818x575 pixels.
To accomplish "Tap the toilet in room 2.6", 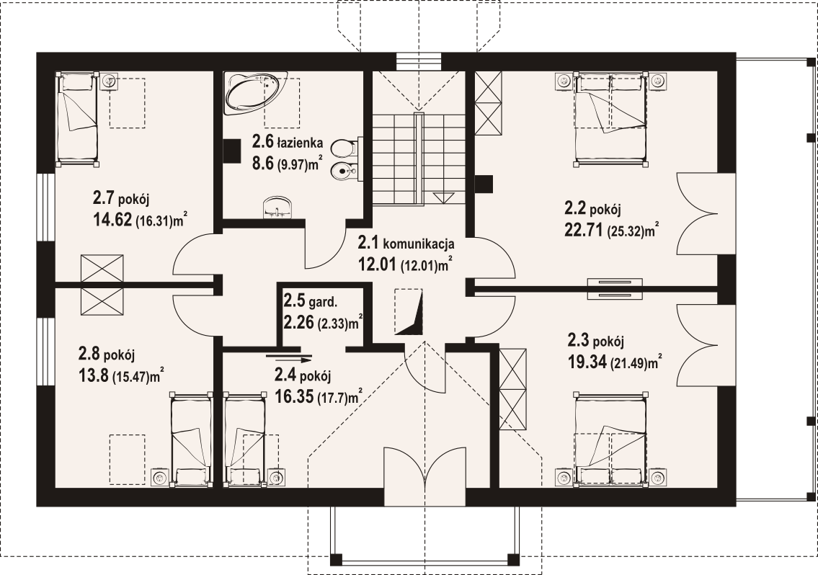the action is tap(343, 148).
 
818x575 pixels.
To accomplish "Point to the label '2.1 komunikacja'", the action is tap(406, 243).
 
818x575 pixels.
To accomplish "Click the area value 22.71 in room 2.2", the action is tap(584, 229).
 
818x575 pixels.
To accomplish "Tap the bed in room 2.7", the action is tap(77, 119).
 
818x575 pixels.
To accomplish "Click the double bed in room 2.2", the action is tap(610, 120).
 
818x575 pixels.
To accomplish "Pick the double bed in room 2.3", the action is tap(610, 439).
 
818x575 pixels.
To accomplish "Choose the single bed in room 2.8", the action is tap(192, 439).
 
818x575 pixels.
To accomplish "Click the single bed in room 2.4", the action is tap(244, 439).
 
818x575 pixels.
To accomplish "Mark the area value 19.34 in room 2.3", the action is tap(587, 362).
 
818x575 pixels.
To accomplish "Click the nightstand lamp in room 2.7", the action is tap(109, 81).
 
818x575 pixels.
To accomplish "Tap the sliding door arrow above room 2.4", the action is tap(289, 358).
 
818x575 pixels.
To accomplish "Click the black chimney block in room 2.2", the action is tap(484, 183).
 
